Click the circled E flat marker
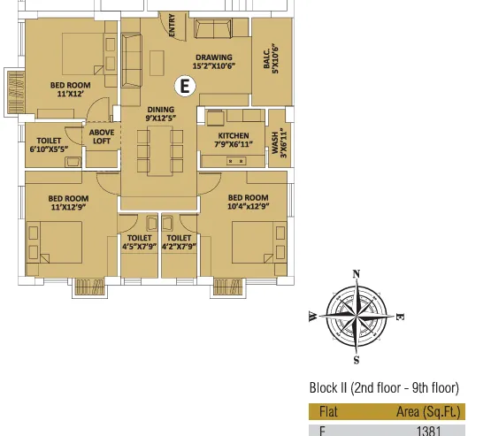point(185,86)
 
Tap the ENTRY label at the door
point(172,26)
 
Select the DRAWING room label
point(214,57)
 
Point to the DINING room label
point(161,110)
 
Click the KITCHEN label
point(234,136)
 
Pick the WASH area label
point(275,142)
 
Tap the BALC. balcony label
point(267,58)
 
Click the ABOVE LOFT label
point(102,136)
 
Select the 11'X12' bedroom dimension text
point(71,94)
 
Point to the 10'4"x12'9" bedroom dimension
point(249,206)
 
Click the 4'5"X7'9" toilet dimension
point(140,247)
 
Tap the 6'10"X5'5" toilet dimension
point(49,149)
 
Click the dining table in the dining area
point(160,151)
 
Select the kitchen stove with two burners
point(236,161)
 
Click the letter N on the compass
point(356,274)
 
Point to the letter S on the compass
point(357,360)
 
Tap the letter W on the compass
point(313,317)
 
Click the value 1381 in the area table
point(429,431)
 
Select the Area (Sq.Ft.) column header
point(428,412)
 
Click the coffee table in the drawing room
point(157,63)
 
